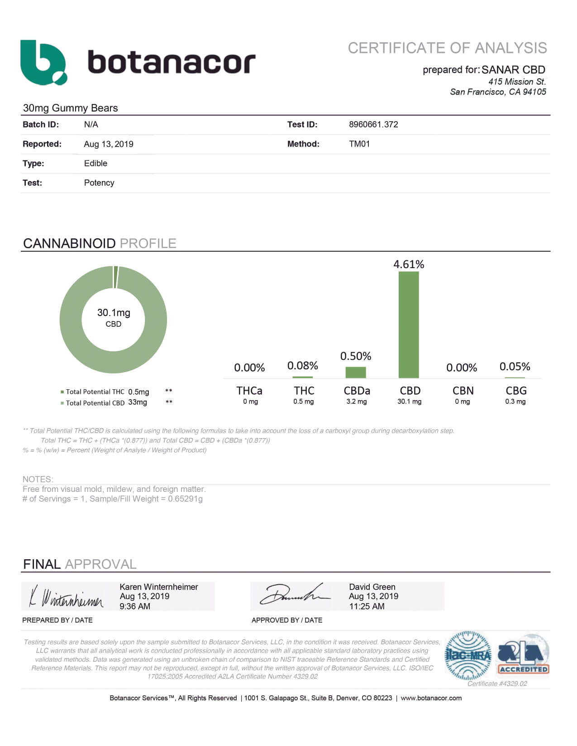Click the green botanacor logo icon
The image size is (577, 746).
[43, 62]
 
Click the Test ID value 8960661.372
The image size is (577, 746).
[373, 124]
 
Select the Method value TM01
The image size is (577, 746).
[359, 144]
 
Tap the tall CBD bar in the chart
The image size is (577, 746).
[409, 324]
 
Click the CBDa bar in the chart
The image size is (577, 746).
[356, 372]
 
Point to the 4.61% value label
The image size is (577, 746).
[409, 264]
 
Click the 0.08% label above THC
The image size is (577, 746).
[303, 365]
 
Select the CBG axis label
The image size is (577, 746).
[516, 391]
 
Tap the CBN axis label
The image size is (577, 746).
[463, 391]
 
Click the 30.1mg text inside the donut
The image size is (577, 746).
[114, 312]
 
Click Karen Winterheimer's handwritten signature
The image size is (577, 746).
[67, 597]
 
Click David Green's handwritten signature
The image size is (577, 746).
[294, 595]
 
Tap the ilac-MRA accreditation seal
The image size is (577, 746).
[468, 656]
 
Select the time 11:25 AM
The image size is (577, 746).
[367, 606]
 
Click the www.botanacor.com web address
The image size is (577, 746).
[431, 698]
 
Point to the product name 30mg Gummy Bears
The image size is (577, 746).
[70, 108]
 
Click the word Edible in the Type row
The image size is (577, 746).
[95, 163]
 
